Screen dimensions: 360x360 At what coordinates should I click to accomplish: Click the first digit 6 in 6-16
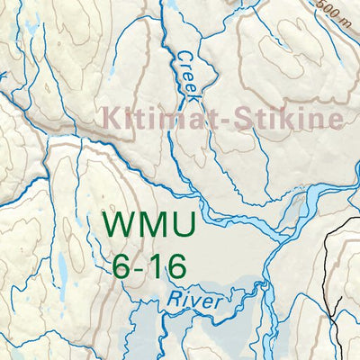click(124, 265)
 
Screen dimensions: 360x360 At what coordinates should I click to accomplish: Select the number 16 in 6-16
click(169, 265)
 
